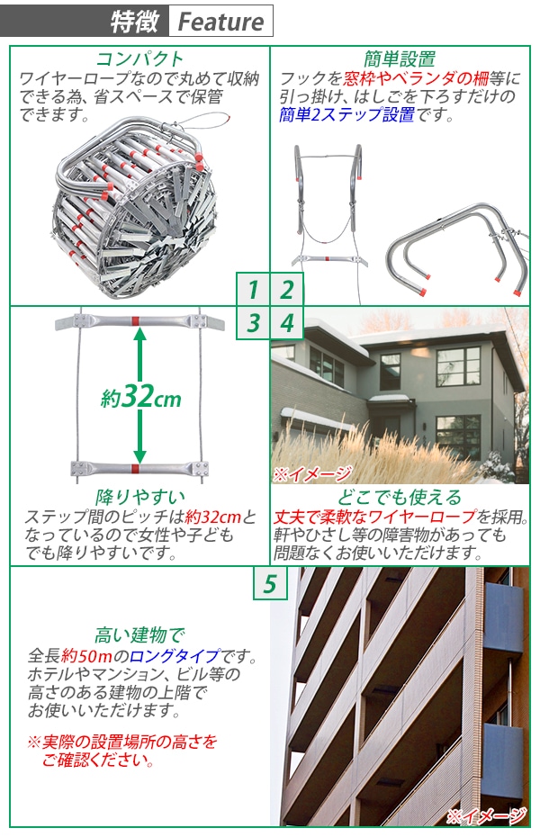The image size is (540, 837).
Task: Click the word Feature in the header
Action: tap(220, 22)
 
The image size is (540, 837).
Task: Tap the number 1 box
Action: tap(253, 289)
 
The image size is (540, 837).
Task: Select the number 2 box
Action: tap(287, 289)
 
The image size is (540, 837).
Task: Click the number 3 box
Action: tap(253, 322)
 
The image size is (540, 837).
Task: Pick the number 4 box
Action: tap(287, 322)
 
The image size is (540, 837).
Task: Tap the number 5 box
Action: tap(269, 584)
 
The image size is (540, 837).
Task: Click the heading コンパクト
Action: tap(139, 59)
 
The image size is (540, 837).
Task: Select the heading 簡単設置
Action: tap(400, 59)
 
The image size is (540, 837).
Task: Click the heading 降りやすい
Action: tap(139, 497)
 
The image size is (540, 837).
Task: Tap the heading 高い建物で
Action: tap(139, 635)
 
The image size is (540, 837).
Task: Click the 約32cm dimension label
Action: tap(140, 397)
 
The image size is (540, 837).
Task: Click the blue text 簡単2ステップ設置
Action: tap(346, 114)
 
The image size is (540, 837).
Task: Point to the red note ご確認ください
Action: tap(95, 761)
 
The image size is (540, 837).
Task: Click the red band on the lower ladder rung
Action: tap(134, 468)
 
